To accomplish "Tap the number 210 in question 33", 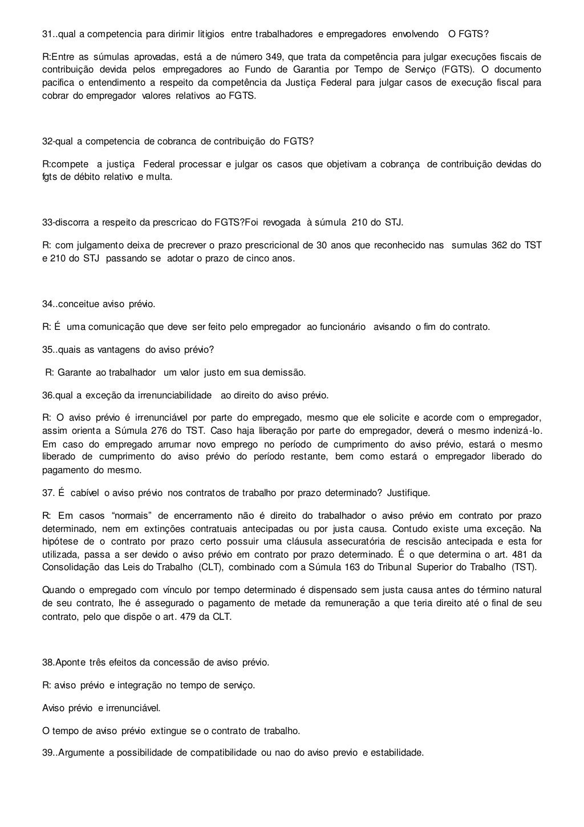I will (x=360, y=222).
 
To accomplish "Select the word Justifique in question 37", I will (x=408, y=493).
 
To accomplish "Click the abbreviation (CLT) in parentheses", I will (x=211, y=567).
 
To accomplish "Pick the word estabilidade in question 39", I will (x=396, y=753).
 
